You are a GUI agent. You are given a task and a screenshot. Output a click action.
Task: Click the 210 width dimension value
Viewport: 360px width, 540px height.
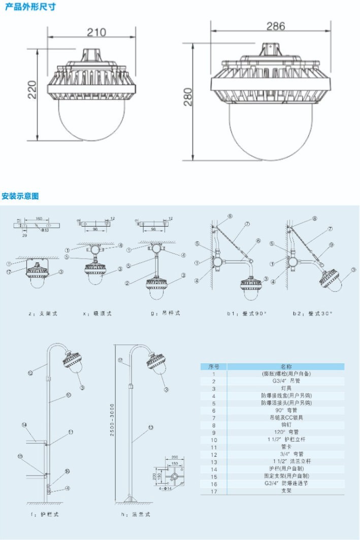click(96, 33)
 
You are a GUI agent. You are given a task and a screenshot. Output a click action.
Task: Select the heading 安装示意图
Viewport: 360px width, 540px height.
click(20, 196)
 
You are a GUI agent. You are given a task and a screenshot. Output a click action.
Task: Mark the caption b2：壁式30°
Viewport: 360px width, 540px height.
click(312, 313)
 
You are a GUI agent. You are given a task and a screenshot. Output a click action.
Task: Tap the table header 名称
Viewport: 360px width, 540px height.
click(286, 366)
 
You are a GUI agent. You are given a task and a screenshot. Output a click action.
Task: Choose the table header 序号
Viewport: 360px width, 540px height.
click(214, 366)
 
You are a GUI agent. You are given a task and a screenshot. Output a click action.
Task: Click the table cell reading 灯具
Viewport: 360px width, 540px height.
click(286, 388)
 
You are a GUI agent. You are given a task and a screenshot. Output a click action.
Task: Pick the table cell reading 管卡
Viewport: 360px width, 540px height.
click(286, 447)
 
